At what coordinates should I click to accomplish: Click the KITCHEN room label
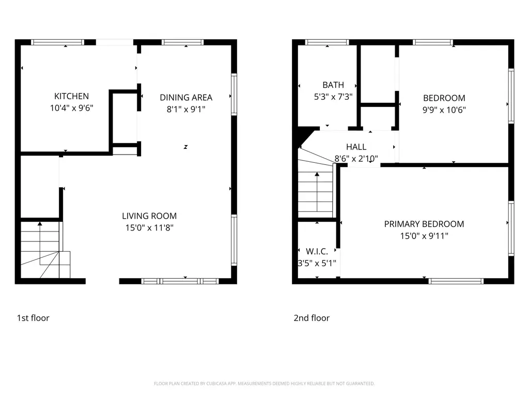(x=71, y=96)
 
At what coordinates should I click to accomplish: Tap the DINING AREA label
(x=186, y=98)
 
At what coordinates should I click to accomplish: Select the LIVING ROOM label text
(x=149, y=216)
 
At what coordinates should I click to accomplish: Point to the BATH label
(x=333, y=85)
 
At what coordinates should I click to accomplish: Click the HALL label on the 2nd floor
(x=356, y=147)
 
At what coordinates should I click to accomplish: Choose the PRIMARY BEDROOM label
(x=424, y=224)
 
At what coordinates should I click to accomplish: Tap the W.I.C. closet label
(x=317, y=252)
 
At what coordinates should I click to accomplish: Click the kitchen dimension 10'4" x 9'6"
(x=71, y=108)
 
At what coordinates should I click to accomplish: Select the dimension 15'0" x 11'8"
(x=149, y=228)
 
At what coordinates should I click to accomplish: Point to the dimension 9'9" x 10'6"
(x=444, y=110)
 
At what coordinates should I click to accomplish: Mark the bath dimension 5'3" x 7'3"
(x=333, y=97)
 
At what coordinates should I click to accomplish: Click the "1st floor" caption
(x=33, y=318)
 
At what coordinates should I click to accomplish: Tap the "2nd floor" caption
(x=312, y=318)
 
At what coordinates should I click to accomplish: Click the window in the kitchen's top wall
(x=58, y=42)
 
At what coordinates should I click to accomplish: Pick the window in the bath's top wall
(x=327, y=42)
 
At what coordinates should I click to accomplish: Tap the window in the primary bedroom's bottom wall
(x=456, y=281)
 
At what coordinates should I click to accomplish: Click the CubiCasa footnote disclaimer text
(x=264, y=384)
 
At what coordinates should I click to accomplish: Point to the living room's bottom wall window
(x=180, y=281)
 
